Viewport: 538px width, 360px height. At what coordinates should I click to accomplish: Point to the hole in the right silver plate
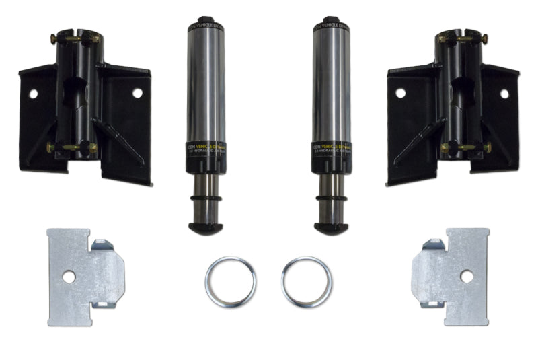pos(465,275)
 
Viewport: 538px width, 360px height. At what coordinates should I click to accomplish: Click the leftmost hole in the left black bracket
pos(32,94)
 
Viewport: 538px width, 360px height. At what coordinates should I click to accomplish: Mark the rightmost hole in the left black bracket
pos(137,93)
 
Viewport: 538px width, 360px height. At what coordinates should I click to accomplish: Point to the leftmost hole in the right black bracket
pos(400,93)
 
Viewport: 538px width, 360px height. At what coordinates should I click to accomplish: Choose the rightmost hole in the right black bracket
pos(504,94)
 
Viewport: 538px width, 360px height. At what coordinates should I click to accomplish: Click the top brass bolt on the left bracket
pos(73,39)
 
